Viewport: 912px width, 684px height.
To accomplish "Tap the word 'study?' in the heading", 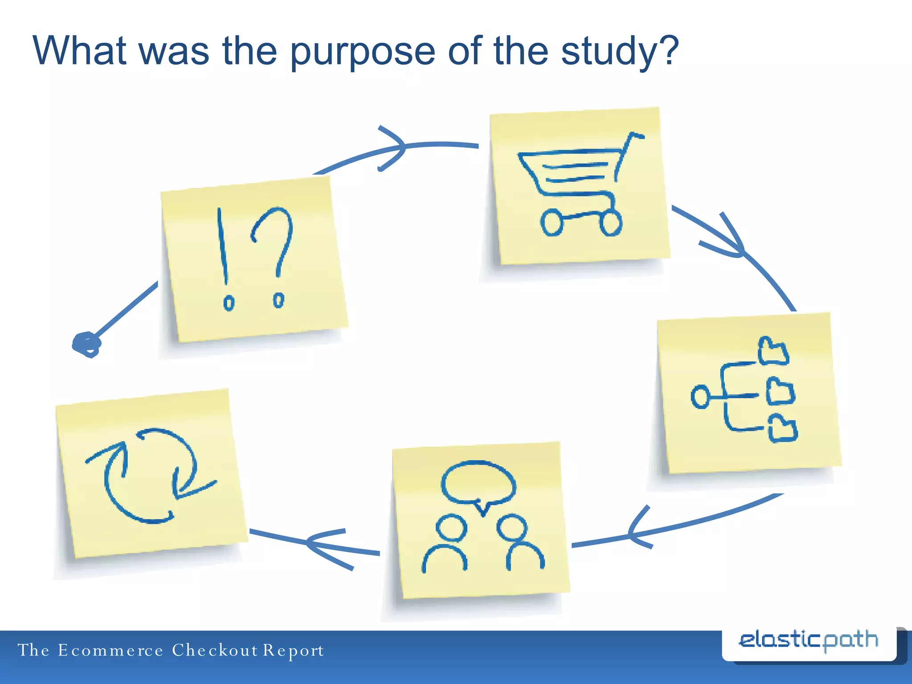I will tap(619, 53).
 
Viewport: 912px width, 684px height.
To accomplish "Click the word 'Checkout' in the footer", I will tap(215, 651).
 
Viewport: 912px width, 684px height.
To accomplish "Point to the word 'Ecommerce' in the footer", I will tap(110, 651).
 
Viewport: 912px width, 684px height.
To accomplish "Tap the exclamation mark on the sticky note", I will tap(224, 258).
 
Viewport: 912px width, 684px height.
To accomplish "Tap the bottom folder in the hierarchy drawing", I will tap(782, 429).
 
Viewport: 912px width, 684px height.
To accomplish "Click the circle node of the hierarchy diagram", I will tap(700, 396).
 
